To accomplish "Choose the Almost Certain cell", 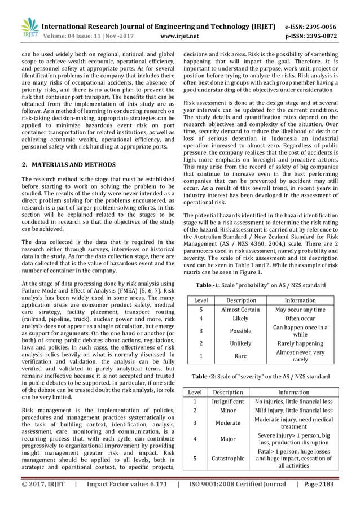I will pyautogui.click(x=240, y=310).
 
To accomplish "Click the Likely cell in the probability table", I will pyautogui.click(x=240, y=319).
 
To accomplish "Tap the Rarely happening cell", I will pyautogui.click(x=300, y=343).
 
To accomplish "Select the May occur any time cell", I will pyautogui.click(x=300, y=310).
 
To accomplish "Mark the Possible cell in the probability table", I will pyautogui.click(x=240, y=331).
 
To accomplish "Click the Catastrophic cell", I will pyautogui.click(x=228, y=459).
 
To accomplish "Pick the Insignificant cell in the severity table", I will pyautogui.click(x=228, y=401).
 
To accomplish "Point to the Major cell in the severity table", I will pyautogui.click(x=228, y=438).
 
